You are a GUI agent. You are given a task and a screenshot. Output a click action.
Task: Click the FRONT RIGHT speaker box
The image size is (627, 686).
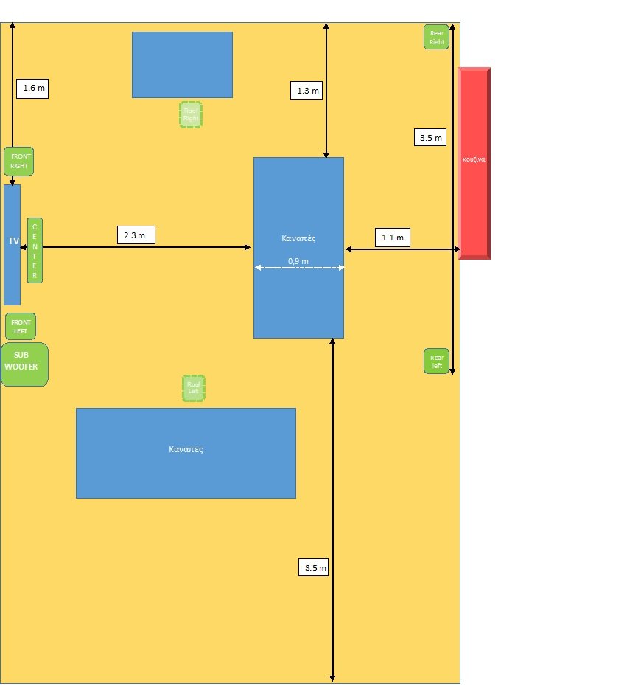(x=19, y=162)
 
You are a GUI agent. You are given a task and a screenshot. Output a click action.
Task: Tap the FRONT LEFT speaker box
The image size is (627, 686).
(x=21, y=326)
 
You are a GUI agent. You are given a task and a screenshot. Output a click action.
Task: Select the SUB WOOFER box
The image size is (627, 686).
(x=25, y=364)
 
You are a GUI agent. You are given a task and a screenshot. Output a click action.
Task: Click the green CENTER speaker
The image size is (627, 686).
(x=35, y=250)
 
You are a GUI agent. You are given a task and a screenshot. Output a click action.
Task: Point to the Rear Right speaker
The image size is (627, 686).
(x=437, y=37)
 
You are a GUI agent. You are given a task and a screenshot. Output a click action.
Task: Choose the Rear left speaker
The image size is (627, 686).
(x=437, y=361)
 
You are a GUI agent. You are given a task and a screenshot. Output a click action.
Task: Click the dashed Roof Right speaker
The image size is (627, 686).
(x=191, y=114)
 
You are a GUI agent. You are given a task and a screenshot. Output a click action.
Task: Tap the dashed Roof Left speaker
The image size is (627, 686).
(x=194, y=388)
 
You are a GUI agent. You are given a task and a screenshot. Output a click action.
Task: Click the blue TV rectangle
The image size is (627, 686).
(x=12, y=244)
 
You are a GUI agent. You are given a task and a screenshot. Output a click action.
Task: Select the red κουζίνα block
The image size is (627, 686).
(x=474, y=162)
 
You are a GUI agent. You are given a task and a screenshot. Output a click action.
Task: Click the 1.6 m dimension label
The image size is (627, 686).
(x=34, y=89)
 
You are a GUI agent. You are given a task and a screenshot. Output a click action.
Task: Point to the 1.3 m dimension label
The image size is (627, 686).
(x=307, y=91)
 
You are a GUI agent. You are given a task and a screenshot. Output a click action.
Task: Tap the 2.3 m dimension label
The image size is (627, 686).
(x=134, y=235)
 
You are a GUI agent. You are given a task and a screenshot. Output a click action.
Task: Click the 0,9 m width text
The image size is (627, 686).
(x=298, y=261)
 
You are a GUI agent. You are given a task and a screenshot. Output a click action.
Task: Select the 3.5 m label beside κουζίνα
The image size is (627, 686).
(x=431, y=137)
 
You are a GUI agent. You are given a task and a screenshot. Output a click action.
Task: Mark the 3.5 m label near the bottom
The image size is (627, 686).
(x=315, y=568)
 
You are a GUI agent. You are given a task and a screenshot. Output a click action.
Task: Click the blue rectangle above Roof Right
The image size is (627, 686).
(x=182, y=64)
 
